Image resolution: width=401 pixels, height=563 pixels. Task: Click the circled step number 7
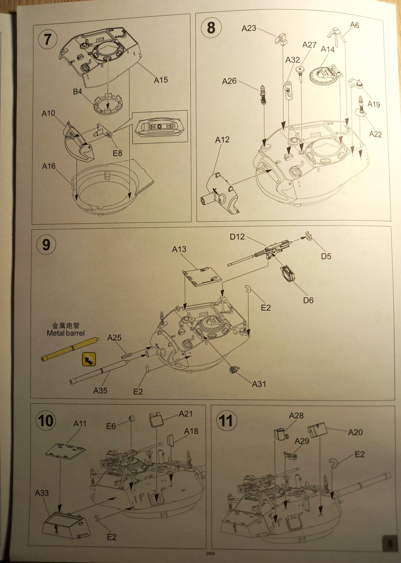coord(48,39)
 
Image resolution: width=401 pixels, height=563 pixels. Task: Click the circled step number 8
coord(211,28)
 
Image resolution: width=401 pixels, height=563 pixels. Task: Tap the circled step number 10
coord(46,421)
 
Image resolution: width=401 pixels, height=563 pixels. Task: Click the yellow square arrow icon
coord(89,359)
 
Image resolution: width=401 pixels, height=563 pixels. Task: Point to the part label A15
coord(161,80)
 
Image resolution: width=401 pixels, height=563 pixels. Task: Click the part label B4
coord(77,92)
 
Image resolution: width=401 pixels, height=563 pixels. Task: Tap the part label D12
coord(237,237)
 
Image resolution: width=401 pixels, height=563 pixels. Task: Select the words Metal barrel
coord(65,333)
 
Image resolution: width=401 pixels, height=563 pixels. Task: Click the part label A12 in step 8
coord(222,140)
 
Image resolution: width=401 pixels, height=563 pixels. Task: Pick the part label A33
coord(42,493)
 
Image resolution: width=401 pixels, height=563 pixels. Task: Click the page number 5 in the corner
coord(390,543)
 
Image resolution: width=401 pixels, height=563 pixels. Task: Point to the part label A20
coord(355,432)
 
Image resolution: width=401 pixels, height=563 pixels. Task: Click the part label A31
coord(259,384)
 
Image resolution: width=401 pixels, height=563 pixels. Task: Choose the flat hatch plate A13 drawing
coord(202,277)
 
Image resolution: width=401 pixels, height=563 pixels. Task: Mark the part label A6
coord(354,25)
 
